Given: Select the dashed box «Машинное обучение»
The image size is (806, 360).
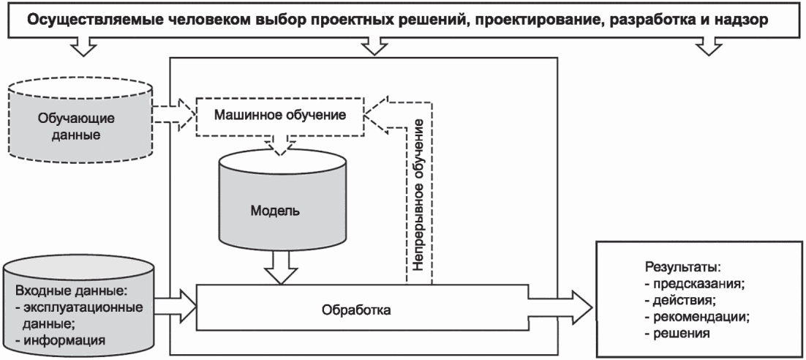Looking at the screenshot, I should click(280, 116).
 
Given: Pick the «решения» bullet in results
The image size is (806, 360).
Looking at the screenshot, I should click(678, 334).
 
